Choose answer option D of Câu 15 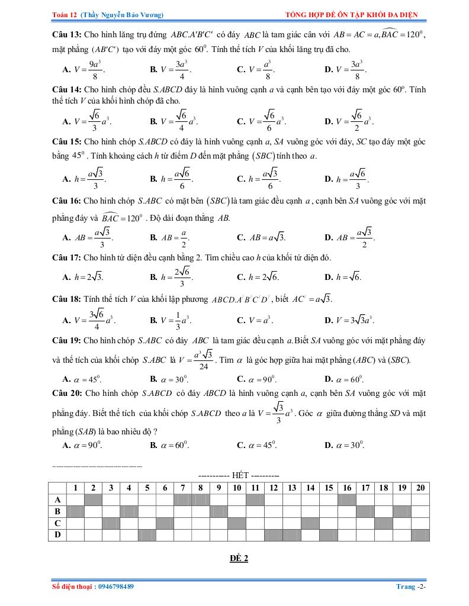[349, 178]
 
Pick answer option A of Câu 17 [83, 276]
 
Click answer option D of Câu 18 [349, 320]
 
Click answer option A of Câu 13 [83, 69]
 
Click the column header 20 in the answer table [420, 488]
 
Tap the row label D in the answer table [57, 535]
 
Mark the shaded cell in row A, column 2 [94, 499]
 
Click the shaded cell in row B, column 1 [75, 511]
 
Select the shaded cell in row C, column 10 [237, 523]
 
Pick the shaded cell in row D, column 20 [420, 535]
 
